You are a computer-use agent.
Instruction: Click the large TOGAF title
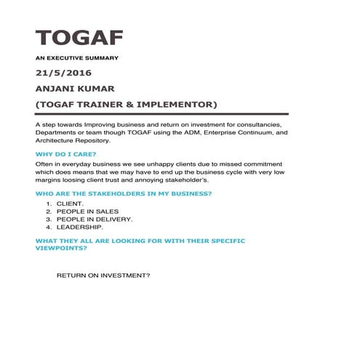point(79,37)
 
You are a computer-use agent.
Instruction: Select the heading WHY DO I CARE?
point(65,154)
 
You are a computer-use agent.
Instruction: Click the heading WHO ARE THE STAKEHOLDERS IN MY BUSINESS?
point(124,193)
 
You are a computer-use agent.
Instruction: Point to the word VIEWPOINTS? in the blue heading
point(62,248)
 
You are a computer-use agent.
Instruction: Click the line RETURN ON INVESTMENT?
point(103,276)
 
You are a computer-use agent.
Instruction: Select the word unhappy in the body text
point(168,165)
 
